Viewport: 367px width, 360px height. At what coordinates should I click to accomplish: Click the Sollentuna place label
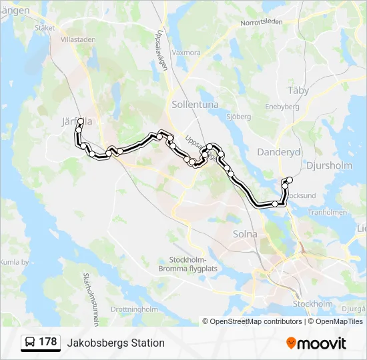pyautogui.click(x=194, y=105)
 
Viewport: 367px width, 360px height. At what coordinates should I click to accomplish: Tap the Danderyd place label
pyautogui.click(x=279, y=152)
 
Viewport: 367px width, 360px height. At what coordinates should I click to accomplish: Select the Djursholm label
pyautogui.click(x=327, y=165)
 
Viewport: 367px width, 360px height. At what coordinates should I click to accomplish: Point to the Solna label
pyautogui.click(x=245, y=234)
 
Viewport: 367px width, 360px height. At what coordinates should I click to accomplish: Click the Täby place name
pyautogui.click(x=298, y=90)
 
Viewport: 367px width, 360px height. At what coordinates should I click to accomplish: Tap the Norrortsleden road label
pyautogui.click(x=262, y=22)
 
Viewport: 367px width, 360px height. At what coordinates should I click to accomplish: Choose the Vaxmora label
pyautogui.click(x=186, y=52)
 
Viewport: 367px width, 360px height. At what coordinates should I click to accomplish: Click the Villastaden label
pyautogui.click(x=78, y=39)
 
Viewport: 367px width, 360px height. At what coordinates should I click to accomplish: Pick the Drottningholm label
pyautogui.click(x=133, y=309)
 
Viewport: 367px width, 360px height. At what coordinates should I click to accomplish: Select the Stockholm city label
pyautogui.click(x=312, y=304)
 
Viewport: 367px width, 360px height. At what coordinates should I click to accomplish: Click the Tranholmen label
pyautogui.click(x=325, y=212)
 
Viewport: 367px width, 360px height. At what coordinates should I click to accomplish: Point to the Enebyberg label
pyautogui.click(x=282, y=106)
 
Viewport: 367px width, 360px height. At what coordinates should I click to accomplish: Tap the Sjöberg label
pyautogui.click(x=238, y=117)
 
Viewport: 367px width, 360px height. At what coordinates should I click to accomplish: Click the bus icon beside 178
pyautogui.click(x=30, y=343)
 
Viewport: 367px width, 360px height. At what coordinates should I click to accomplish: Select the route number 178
pyautogui.click(x=48, y=342)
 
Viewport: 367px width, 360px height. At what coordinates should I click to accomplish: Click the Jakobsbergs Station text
pyautogui.click(x=115, y=343)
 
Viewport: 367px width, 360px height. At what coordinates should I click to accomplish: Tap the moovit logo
pyautogui.click(x=316, y=343)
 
